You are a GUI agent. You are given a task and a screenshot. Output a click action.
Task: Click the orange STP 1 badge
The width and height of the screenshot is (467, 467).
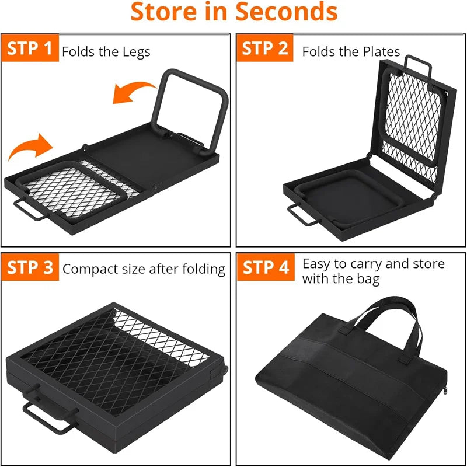(x=30, y=48)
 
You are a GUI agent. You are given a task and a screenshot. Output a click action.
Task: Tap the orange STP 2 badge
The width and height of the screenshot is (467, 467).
(x=265, y=48)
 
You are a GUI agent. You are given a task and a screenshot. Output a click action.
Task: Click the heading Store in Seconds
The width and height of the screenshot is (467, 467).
(x=233, y=12)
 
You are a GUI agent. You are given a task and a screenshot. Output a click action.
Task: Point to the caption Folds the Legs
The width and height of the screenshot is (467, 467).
(x=106, y=51)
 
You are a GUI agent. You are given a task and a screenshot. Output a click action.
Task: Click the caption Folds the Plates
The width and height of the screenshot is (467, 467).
(x=351, y=51)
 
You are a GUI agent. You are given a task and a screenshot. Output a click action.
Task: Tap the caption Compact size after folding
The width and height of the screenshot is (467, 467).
(x=144, y=269)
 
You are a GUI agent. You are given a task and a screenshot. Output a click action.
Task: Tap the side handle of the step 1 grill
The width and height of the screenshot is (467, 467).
(x=26, y=208)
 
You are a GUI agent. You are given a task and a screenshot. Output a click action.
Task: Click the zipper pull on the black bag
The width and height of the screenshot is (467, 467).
(x=447, y=392)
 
